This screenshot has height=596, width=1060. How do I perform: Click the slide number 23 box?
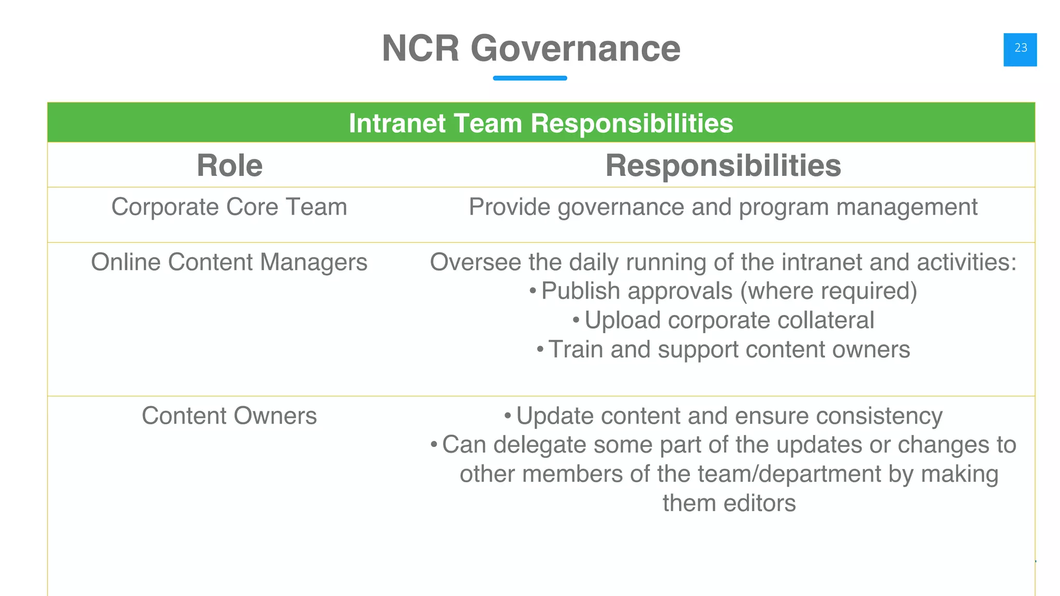pos(1020,49)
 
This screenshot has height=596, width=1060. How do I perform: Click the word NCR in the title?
pos(420,49)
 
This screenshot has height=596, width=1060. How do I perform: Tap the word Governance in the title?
pos(575,49)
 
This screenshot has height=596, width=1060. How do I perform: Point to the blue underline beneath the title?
pos(529,78)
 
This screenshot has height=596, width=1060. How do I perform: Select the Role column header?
pos(229,166)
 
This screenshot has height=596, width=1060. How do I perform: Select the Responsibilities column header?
pos(723,166)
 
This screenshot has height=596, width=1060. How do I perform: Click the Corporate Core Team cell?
pos(229,207)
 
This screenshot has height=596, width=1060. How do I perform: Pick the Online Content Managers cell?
pos(229,262)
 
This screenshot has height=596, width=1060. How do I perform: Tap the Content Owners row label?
pos(229,416)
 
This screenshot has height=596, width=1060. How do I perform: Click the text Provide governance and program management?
pos(723,207)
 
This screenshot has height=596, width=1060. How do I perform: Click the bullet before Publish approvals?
pos(533,291)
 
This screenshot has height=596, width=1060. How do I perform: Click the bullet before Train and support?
pos(540,350)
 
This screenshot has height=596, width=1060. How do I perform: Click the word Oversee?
pos(476,262)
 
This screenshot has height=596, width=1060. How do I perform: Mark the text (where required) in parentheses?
pos(828,291)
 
